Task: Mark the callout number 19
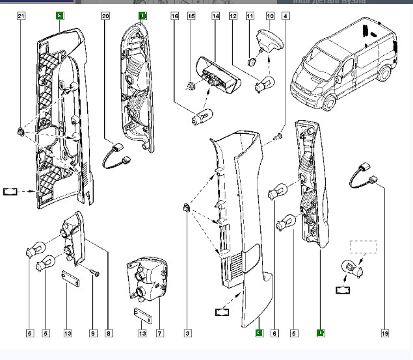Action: coord(385,333)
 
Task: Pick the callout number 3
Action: coord(187,333)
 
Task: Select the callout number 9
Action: coord(93,333)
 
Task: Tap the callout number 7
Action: coord(159,333)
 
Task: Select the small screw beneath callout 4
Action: coord(279,136)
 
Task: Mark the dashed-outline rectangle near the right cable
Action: coord(364,247)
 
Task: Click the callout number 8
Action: coord(109,333)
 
